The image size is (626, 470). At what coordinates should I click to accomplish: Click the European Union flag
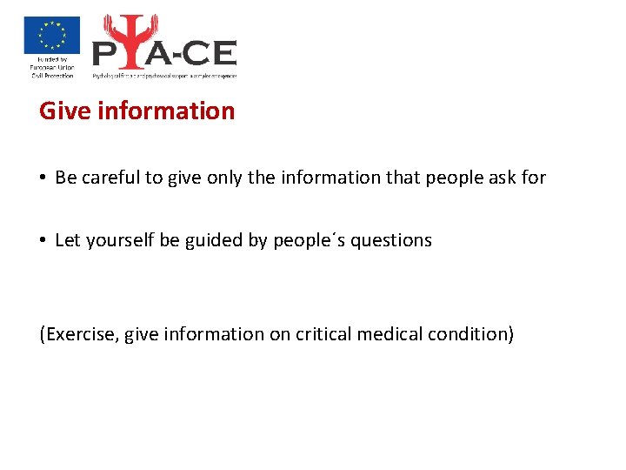(51, 36)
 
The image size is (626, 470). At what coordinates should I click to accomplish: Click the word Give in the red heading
(61, 111)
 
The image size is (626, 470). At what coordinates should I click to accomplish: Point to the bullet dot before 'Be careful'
(42, 178)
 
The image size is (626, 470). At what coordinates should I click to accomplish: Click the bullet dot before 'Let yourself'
(42, 241)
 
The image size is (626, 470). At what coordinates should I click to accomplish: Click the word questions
(390, 240)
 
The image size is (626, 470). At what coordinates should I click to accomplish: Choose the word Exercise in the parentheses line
(78, 334)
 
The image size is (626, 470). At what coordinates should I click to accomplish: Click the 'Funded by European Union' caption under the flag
(51, 68)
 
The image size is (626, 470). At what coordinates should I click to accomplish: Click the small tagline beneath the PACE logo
(164, 76)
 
